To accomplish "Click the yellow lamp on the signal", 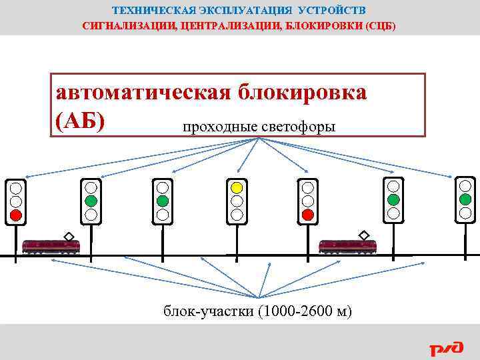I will tap(236, 187).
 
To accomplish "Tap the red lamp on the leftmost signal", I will tap(16, 215).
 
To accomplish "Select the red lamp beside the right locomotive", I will tap(307, 215).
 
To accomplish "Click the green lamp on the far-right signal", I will tap(465, 199).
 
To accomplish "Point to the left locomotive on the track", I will tap(51, 246).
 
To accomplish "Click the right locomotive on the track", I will tap(348, 246).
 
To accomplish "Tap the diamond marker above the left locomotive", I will tap(69, 235).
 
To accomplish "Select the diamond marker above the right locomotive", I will tap(364, 235).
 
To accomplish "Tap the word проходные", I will tap(212, 127).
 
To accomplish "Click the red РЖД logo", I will tap(446, 347).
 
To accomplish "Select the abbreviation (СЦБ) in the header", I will tap(379, 27).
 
